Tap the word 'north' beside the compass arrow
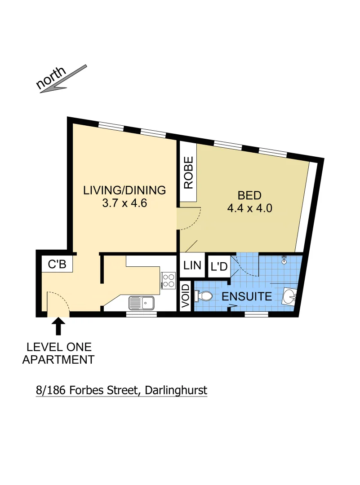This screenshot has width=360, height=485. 51,77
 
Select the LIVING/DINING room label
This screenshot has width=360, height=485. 124,190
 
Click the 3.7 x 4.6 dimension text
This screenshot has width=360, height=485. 125,203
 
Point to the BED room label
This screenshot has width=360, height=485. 249,195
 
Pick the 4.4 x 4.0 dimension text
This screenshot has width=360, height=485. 249,208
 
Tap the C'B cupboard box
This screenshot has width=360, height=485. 57,265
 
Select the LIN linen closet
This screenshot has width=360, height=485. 192,265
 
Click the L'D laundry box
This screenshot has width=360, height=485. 218,267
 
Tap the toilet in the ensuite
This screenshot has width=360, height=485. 204,296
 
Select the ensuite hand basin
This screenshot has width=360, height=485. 290,296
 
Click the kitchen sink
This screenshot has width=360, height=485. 141,303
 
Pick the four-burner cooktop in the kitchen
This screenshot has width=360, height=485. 169,280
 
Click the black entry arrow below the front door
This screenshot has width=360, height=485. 58,326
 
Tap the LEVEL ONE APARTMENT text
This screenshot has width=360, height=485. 58,353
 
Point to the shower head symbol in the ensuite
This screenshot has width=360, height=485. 284,260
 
